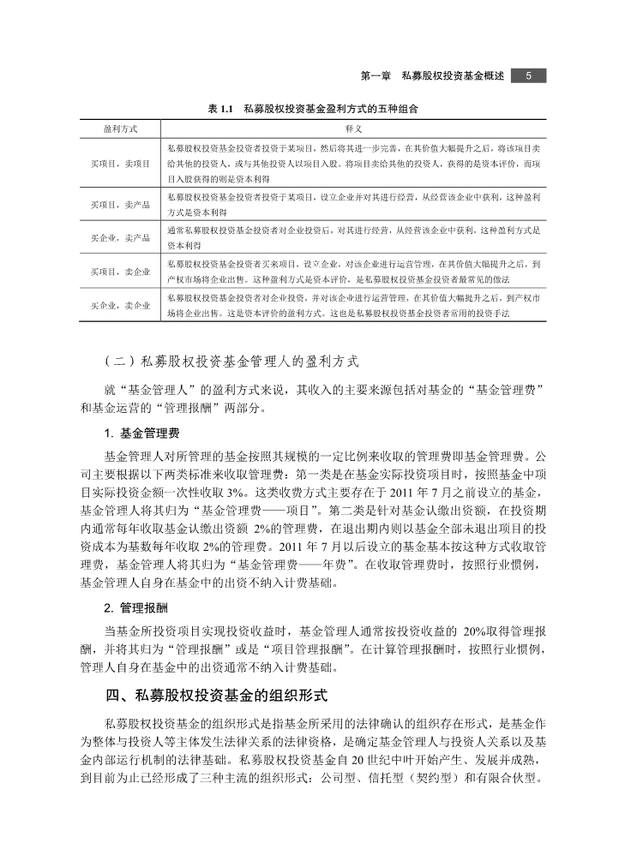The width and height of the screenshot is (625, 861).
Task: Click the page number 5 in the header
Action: point(528,76)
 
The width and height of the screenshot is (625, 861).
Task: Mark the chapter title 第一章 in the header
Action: point(376,76)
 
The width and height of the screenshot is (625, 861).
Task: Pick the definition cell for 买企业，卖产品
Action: point(351,236)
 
